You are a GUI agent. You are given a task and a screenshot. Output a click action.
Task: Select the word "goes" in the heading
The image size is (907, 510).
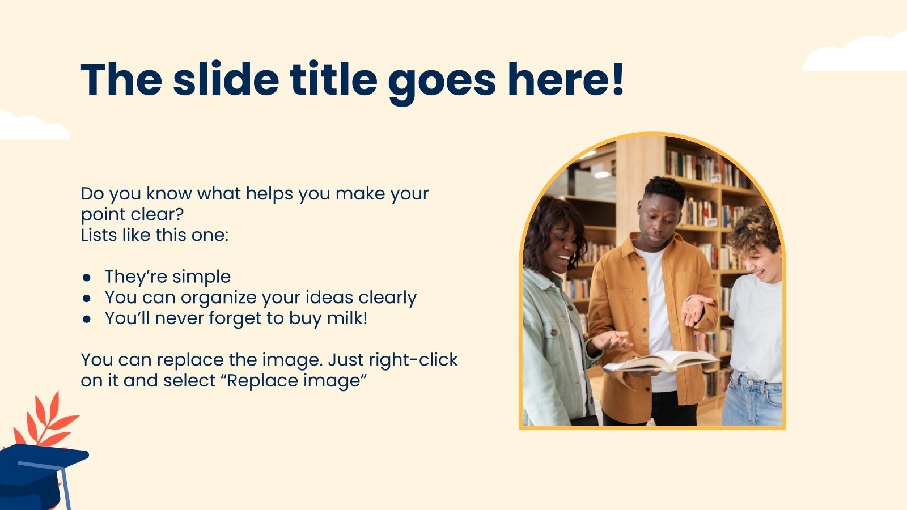(442, 83)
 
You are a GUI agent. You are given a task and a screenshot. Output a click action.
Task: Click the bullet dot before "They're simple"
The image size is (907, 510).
(86, 278)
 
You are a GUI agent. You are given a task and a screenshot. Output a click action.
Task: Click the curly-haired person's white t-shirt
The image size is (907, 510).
(756, 328)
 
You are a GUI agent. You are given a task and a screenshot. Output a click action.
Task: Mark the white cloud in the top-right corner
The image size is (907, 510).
(857, 54)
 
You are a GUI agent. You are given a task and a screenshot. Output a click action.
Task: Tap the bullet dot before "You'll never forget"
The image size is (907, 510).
(86, 319)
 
